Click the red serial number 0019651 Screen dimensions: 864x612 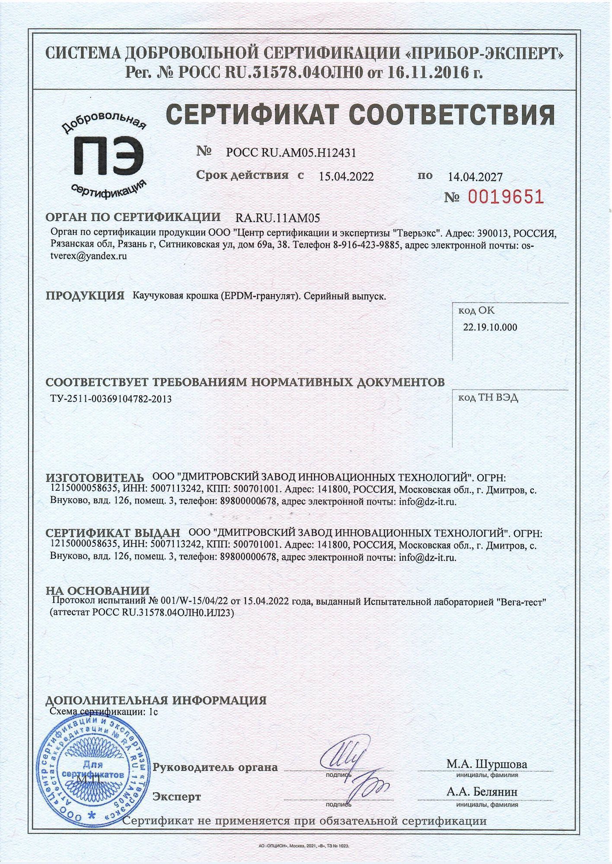coord(506,197)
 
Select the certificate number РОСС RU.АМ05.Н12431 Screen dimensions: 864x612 coord(291,152)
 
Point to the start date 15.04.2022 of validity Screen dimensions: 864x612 coord(346,176)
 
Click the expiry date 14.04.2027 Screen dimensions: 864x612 coord(475,177)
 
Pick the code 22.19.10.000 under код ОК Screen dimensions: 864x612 coord(490,327)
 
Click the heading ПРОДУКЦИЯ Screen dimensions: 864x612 coord(85,296)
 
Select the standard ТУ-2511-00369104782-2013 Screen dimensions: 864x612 coord(111,399)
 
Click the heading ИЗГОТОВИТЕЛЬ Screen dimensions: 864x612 coord(95,478)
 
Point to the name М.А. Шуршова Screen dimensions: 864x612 coord(487,763)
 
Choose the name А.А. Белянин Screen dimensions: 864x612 coord(482,792)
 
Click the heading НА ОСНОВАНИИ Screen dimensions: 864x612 coord(98,591)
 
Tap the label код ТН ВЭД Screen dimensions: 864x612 coord(488,397)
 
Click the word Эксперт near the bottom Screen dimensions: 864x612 coord(177,796)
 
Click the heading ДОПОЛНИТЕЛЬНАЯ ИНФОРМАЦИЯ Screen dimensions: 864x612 coord(156,700)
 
